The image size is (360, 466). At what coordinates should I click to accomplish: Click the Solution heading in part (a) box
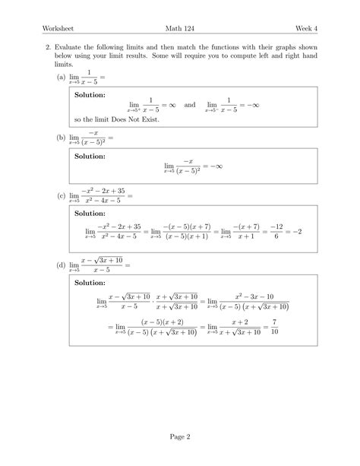[90, 95]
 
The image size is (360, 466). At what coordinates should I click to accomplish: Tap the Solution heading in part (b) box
[90, 155]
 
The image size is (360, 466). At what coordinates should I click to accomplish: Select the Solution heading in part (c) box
[90, 214]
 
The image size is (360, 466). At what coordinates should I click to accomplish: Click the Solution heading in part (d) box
[90, 283]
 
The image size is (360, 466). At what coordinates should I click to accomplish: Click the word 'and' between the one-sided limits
[189, 106]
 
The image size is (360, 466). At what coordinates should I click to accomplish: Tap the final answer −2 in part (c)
[298, 231]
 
